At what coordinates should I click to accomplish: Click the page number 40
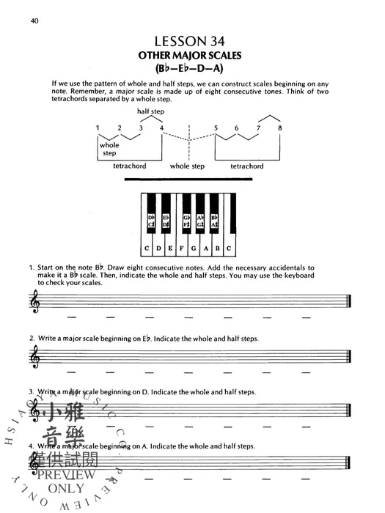[x=34, y=21]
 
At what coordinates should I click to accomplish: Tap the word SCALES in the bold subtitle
[x=226, y=56]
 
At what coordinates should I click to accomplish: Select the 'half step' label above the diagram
[x=150, y=111]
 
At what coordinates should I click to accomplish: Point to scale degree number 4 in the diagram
[x=161, y=128]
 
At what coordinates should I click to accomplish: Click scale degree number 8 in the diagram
[x=279, y=128]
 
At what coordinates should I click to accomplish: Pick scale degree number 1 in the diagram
[x=98, y=128]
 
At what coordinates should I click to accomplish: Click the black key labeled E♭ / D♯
[x=166, y=220]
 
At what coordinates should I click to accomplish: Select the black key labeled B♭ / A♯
[x=215, y=220]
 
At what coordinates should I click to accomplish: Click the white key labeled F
[x=176, y=248]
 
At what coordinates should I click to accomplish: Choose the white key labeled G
[x=190, y=248]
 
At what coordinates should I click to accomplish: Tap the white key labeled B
[x=217, y=248]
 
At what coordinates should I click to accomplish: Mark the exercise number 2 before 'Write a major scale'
[x=32, y=338]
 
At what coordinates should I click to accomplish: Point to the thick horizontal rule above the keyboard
[x=193, y=180]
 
